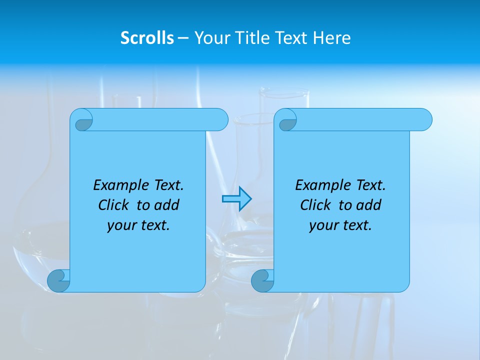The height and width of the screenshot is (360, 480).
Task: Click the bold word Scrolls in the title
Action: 147,38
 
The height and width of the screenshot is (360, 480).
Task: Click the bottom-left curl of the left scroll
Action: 59,280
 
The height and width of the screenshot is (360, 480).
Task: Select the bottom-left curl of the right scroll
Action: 262,280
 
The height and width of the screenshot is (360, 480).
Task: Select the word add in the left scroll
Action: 167,205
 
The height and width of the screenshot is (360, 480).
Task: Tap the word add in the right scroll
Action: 369,205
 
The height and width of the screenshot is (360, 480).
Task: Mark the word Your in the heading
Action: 209,38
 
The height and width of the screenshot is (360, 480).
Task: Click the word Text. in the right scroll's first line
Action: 370,185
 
